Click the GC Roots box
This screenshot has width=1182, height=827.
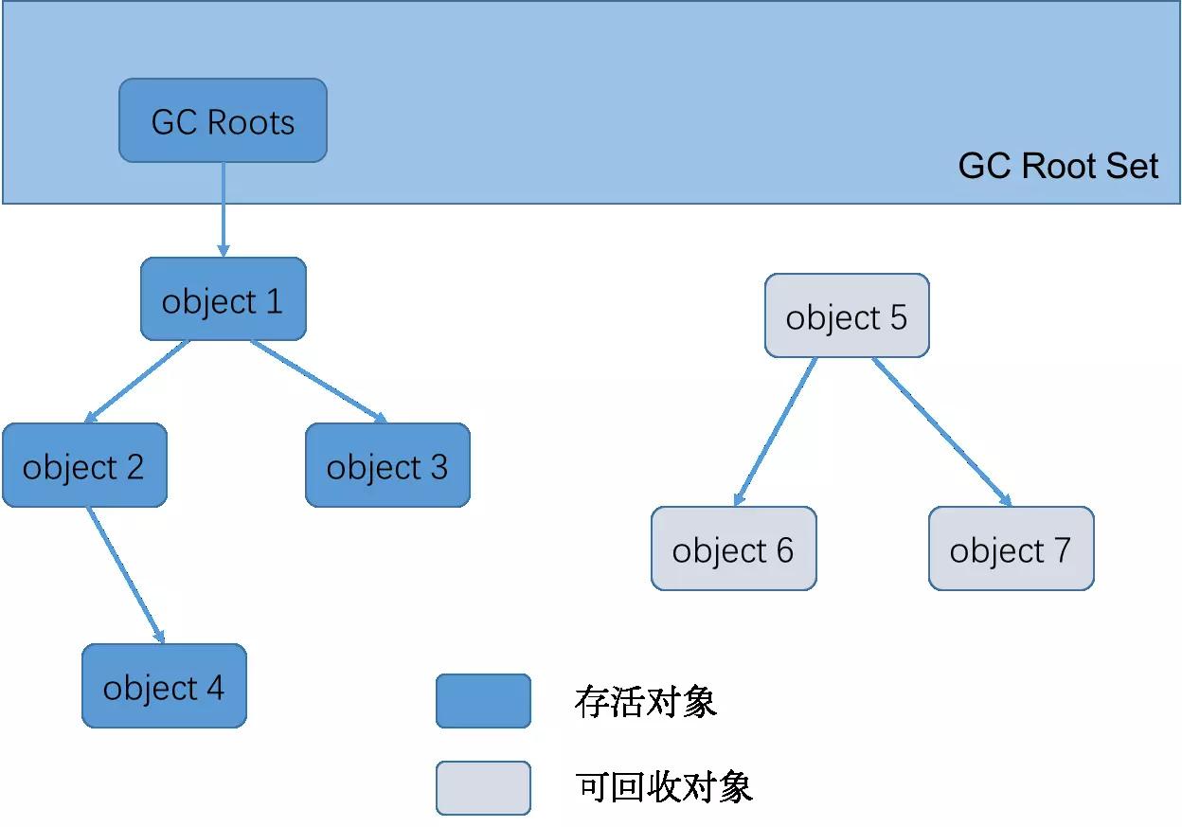pyautogui.click(x=223, y=120)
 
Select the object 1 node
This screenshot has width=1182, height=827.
pyautogui.click(x=224, y=298)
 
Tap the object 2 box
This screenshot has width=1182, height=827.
pyautogui.click(x=84, y=465)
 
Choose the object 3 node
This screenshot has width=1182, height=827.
pyautogui.click(x=388, y=465)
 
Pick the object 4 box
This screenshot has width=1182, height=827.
pyautogui.click(x=164, y=686)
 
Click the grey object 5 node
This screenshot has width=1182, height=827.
pyautogui.click(x=847, y=315)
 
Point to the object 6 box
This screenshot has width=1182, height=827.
pyautogui.click(x=733, y=548)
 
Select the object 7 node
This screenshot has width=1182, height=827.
pyautogui.click(x=1011, y=548)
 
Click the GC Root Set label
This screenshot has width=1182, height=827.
pyautogui.click(x=1058, y=166)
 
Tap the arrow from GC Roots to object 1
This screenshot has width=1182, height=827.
pyautogui.click(x=224, y=209)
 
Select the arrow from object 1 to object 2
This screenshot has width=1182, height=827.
pyautogui.click(x=136, y=382)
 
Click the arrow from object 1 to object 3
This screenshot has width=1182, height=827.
pyautogui.click(x=319, y=382)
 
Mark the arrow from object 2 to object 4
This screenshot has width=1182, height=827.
pyautogui.click(x=126, y=575)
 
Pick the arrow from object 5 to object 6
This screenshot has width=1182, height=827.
pyautogui.click(x=776, y=432)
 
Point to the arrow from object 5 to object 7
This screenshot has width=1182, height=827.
pyautogui.click(x=941, y=432)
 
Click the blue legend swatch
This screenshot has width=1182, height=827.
pyautogui.click(x=483, y=701)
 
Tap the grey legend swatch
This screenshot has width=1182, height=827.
pyautogui.click(x=483, y=788)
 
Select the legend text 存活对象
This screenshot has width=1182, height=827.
pyautogui.click(x=645, y=702)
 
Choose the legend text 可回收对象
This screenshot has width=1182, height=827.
pyautogui.click(x=663, y=787)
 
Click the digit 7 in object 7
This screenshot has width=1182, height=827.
pyautogui.click(x=1063, y=550)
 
